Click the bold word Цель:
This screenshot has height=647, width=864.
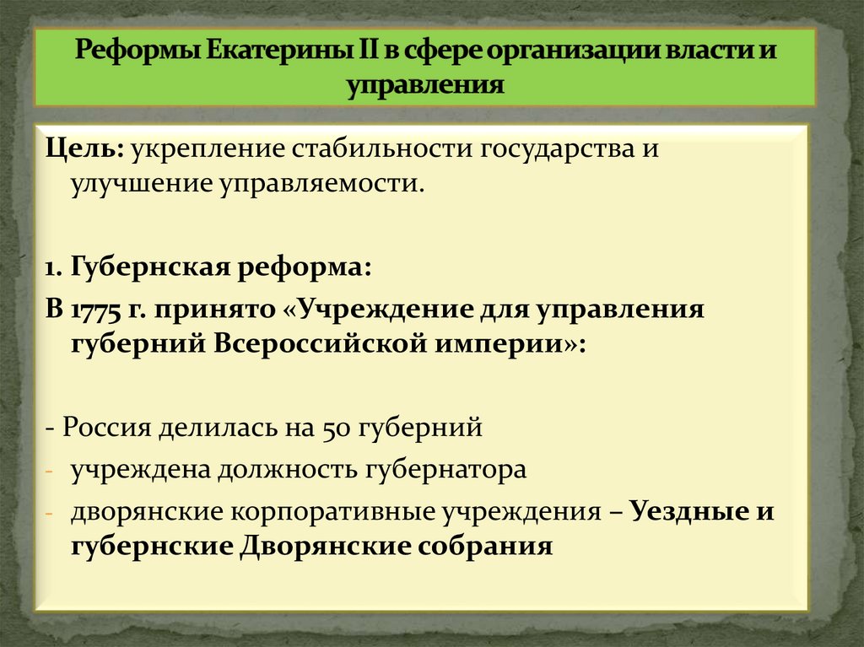pos(85,149)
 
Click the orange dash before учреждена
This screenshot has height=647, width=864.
pos(50,470)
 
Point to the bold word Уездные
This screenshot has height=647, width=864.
pos(686,512)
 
